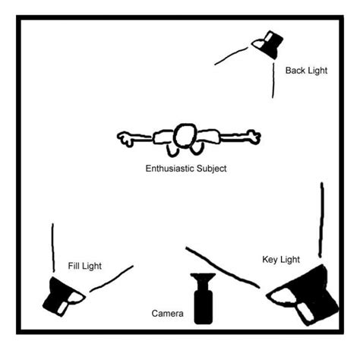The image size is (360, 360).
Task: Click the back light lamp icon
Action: (268, 45)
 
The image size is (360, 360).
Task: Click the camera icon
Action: (203, 298)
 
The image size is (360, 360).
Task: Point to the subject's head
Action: (185, 136)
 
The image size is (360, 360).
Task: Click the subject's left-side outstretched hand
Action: (125, 138)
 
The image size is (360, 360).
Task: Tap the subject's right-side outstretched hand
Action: (254, 137)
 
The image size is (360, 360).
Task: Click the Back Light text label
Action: (306, 71)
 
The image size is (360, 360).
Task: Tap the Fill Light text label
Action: (85, 266)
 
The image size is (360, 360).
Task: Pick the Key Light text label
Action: (281, 260)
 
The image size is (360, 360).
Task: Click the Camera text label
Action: (167, 314)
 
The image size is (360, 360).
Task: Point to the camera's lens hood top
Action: (203, 276)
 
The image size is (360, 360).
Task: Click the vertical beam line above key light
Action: (321, 219)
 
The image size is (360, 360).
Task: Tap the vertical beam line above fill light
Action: (53, 248)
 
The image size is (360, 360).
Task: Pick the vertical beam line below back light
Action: (273, 81)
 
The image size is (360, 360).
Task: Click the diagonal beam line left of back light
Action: (231, 55)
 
